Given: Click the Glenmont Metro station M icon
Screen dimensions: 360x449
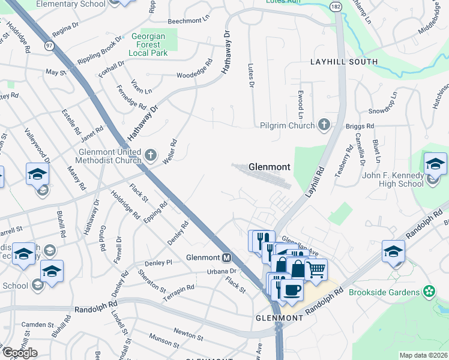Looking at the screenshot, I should point(226,258).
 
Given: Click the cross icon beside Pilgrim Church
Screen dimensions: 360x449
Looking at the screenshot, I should point(324,125).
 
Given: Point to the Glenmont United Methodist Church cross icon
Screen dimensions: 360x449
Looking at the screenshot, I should point(151,157).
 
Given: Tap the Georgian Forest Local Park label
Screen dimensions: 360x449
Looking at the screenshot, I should point(146,44).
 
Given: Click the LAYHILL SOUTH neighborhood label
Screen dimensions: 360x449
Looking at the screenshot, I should point(344,62).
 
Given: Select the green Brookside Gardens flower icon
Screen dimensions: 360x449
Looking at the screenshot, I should point(429,292).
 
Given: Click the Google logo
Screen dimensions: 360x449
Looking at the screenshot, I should point(20,353).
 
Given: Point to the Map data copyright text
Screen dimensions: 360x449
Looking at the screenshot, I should point(423,355).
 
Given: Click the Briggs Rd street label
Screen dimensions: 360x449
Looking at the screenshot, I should point(360,126).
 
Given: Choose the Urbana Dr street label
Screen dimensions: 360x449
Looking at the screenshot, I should point(222,271).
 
